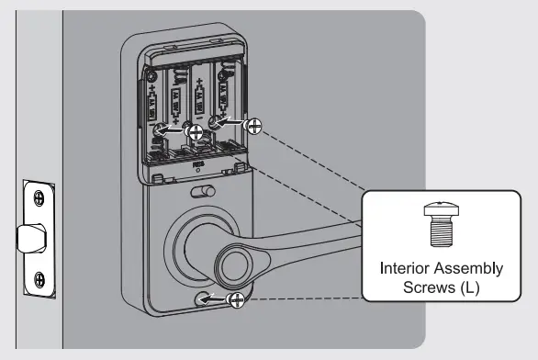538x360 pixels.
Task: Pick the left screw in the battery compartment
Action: tap(194, 132)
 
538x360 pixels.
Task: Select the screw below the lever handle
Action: tap(237, 298)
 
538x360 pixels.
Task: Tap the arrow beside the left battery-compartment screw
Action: tap(174, 131)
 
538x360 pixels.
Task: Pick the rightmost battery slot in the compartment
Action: tap(225, 92)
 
